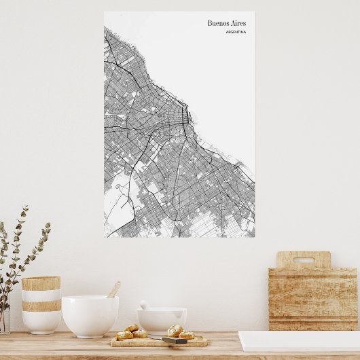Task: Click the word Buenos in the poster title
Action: (x=218, y=23)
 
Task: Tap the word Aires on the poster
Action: (x=238, y=23)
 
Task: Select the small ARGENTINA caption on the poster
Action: (x=236, y=32)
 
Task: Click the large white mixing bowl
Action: (x=90, y=315)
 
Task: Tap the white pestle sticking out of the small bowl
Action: (x=145, y=306)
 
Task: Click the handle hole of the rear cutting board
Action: (x=304, y=259)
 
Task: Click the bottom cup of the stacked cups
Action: (x=41, y=321)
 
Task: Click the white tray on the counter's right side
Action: (x=299, y=341)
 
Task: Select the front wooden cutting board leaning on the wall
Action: (x=313, y=299)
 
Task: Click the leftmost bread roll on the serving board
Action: (x=124, y=335)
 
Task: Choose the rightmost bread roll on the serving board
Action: (x=187, y=335)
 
